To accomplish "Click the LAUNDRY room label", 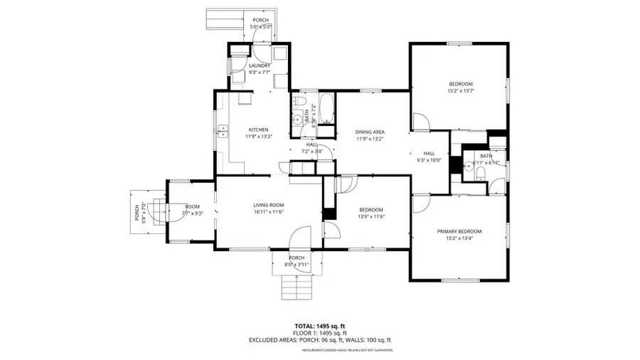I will (x=260, y=66).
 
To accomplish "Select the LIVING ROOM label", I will (x=269, y=206).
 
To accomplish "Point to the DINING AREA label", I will (x=370, y=132).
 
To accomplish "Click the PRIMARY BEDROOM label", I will (x=459, y=231).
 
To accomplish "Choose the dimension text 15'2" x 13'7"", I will (x=460, y=90).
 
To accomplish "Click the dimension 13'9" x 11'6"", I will (x=371, y=216).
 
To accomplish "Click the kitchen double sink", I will (x=223, y=130).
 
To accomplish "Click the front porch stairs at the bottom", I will (x=297, y=286).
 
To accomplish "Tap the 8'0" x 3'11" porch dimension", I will (x=297, y=265).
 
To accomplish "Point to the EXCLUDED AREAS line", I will (x=319, y=340).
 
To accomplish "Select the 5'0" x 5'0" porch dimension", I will (x=260, y=28).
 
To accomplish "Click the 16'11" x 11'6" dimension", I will (x=269, y=212).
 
